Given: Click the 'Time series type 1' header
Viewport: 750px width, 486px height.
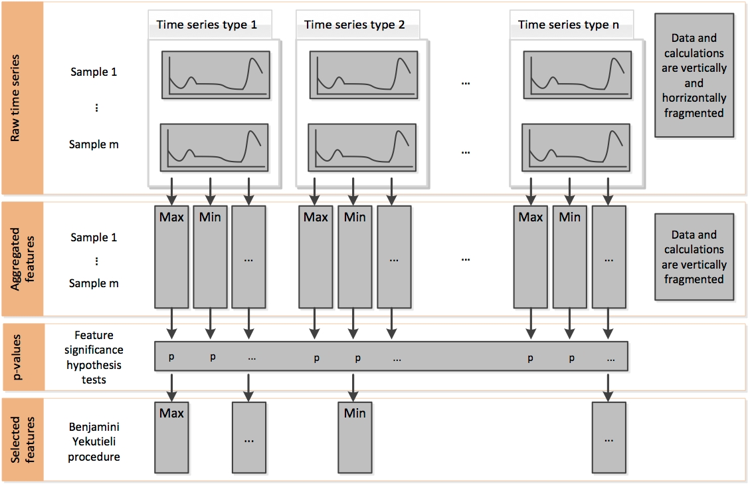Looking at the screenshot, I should (207, 25).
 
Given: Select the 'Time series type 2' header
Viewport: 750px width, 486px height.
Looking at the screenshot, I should (354, 25).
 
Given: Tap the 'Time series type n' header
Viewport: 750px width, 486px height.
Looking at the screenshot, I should (568, 25).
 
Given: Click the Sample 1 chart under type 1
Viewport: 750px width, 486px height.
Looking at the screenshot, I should (214, 74).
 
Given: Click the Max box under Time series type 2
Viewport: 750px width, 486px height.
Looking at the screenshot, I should (316, 256).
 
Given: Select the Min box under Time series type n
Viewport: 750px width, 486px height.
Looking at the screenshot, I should (569, 256).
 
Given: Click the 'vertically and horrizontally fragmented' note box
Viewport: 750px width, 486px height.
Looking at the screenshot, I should (695, 76).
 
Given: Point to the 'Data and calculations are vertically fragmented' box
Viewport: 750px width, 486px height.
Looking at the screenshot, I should (695, 257).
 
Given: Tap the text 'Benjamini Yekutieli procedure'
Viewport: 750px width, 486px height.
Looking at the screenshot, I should (94, 441).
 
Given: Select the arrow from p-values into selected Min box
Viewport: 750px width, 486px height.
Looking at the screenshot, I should (355, 386).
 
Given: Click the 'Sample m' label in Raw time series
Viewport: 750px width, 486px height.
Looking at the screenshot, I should (94, 144).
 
